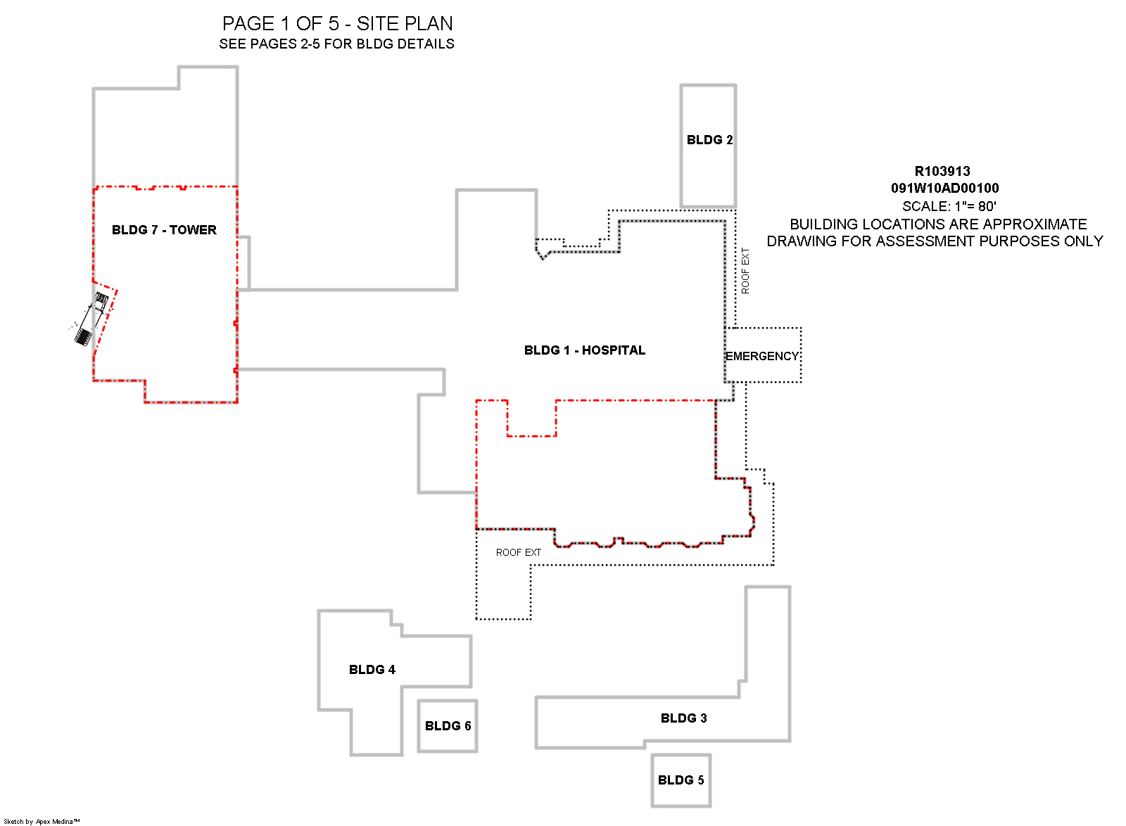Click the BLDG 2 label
click(x=709, y=140)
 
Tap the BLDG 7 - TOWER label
click(x=164, y=230)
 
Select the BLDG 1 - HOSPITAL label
click(x=584, y=350)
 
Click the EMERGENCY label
click(x=762, y=356)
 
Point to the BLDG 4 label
click(x=372, y=670)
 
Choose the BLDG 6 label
click(x=448, y=726)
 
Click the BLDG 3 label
click(x=683, y=718)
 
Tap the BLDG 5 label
click(x=681, y=780)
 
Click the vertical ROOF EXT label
click(x=745, y=271)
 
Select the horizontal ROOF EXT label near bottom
click(x=518, y=553)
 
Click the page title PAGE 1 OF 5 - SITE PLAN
click(x=337, y=24)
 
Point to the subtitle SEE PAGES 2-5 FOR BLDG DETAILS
click(x=336, y=44)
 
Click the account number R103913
click(x=942, y=172)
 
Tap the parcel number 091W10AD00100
click(x=944, y=189)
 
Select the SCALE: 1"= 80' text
click(x=949, y=206)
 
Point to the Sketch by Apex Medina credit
click(x=42, y=821)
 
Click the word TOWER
click(x=193, y=230)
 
